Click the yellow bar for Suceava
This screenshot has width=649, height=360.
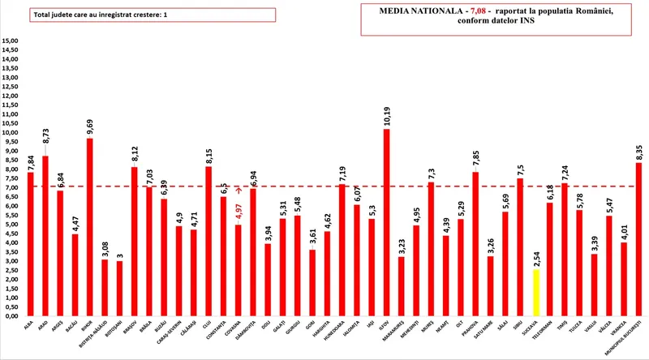click(x=535, y=292)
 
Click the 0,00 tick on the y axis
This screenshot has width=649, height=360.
click(x=11, y=316)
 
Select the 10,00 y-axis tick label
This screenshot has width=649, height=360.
click(x=11, y=133)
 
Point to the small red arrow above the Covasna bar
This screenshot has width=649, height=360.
click(x=238, y=191)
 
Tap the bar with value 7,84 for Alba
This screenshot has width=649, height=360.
click(x=31, y=244)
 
